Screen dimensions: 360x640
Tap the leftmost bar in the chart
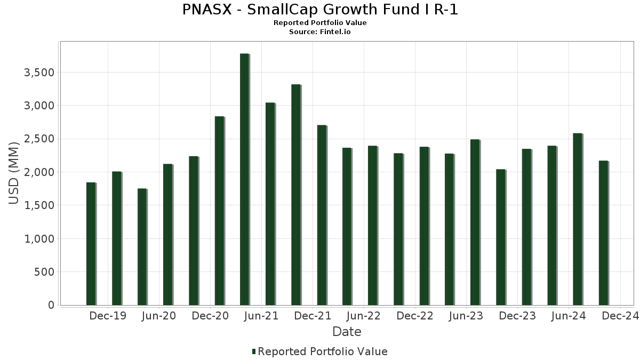pyautogui.click(x=91, y=244)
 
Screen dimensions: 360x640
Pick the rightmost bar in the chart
pyautogui.click(x=603, y=233)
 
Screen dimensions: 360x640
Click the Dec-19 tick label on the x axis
pyautogui.click(x=108, y=316)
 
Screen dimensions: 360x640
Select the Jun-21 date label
pyautogui.click(x=261, y=316)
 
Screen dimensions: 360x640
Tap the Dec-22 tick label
pyautogui.click(x=415, y=316)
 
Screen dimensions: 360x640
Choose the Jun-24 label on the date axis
pyautogui.click(x=569, y=316)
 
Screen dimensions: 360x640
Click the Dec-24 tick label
pyautogui.click(x=620, y=316)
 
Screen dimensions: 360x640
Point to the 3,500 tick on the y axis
pyautogui.click(x=39, y=73)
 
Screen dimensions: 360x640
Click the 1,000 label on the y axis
pyautogui.click(x=39, y=239)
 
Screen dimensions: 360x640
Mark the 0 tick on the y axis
pyautogui.click(x=51, y=306)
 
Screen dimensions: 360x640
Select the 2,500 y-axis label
pyautogui.click(x=39, y=139)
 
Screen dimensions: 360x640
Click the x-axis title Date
pyautogui.click(x=347, y=332)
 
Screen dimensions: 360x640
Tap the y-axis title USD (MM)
pyautogui.click(x=15, y=172)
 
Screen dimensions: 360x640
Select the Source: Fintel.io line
pyautogui.click(x=320, y=31)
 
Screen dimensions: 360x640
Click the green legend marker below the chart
pyautogui.click(x=254, y=351)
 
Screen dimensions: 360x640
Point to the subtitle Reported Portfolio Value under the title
pyautogui.click(x=320, y=23)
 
